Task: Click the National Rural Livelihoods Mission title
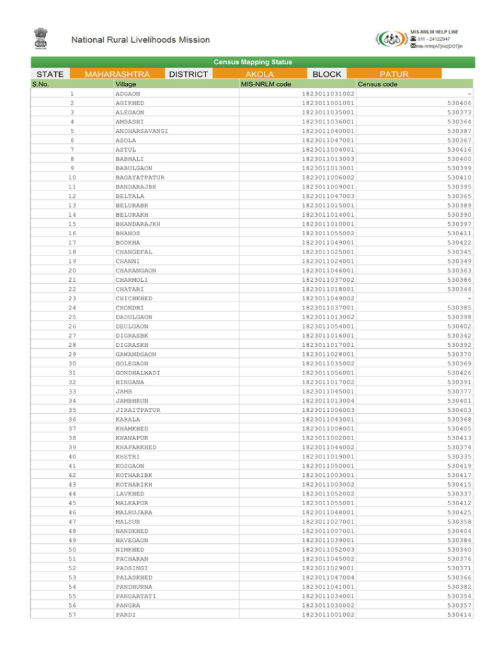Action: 141,40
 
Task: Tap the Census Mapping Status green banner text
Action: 253,62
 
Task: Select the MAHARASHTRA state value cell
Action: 117,74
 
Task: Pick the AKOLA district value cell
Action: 259,74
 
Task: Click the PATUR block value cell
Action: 399,74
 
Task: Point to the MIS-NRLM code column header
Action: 266,84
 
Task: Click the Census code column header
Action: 377,84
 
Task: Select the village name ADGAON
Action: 127,94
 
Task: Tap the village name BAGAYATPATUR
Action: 140,177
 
